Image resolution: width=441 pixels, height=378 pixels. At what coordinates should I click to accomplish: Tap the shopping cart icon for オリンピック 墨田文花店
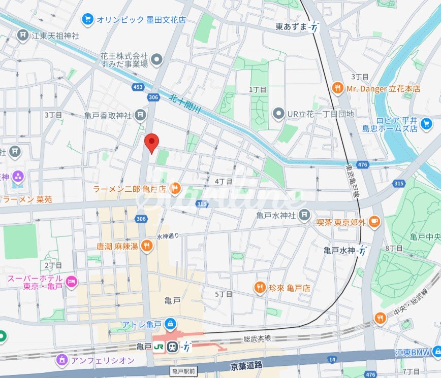[x=87, y=20]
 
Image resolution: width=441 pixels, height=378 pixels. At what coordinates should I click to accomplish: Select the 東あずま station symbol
[x=316, y=26]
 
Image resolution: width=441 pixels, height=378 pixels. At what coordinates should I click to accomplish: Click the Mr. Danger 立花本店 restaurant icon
[x=337, y=88]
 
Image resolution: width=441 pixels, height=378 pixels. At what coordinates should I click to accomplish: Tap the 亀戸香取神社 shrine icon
[x=141, y=115]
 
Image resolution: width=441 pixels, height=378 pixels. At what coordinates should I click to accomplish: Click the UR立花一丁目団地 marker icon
[x=278, y=114]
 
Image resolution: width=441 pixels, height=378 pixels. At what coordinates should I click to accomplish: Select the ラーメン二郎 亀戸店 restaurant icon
[x=175, y=189]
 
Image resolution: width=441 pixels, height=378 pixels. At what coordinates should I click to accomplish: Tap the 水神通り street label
[x=168, y=236]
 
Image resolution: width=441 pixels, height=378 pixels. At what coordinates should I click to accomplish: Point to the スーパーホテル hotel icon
[x=72, y=281]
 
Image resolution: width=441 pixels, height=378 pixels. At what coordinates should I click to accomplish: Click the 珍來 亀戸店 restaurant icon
[x=260, y=288]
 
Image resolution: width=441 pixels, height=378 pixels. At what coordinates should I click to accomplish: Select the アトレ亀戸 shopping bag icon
[x=171, y=323]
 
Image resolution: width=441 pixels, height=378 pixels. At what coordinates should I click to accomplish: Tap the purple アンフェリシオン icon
[x=62, y=360]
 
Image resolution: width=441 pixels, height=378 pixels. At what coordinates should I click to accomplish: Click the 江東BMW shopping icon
[x=436, y=352]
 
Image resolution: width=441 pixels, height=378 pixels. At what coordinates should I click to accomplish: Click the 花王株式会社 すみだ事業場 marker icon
[x=157, y=60]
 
